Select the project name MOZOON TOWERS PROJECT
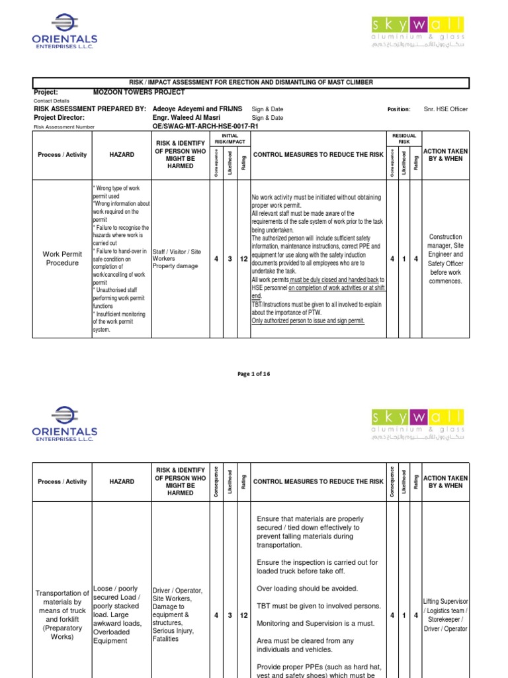click(135, 92)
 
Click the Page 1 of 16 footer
click(254, 374)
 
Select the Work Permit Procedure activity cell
click(62, 258)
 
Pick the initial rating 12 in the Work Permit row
click(243, 259)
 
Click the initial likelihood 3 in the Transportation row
click(230, 616)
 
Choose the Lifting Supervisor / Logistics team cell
click(445, 615)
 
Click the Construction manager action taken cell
click(445, 259)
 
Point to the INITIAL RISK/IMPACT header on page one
click(230, 138)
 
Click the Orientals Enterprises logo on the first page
click(64, 32)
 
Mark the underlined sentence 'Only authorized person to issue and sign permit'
click(308, 321)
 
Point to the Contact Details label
click(52, 101)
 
